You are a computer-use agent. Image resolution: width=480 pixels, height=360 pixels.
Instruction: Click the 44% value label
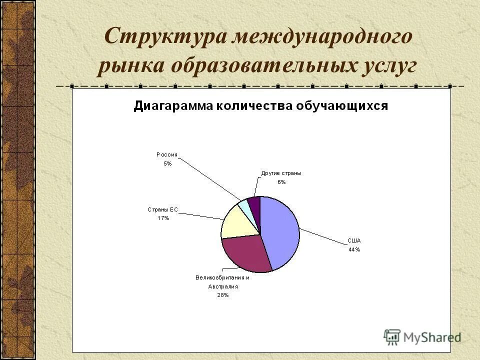click(354, 249)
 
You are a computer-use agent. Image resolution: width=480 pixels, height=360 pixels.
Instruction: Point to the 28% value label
click(222, 295)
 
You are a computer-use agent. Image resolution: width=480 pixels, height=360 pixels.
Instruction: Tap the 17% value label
click(163, 218)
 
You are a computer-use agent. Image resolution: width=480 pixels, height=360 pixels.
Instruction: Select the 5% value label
click(167, 163)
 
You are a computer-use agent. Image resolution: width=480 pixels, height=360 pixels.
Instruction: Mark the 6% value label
click(281, 182)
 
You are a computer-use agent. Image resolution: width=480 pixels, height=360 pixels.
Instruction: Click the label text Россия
click(166, 155)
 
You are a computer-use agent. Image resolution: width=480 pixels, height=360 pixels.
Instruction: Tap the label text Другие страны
click(281, 173)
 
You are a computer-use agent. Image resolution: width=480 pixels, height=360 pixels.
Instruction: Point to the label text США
click(354, 240)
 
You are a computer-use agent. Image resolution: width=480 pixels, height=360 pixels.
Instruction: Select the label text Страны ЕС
click(162, 209)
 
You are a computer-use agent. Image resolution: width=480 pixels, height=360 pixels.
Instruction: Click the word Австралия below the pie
click(222, 286)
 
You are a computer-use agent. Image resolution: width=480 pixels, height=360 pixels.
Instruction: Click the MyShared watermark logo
click(422, 337)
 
